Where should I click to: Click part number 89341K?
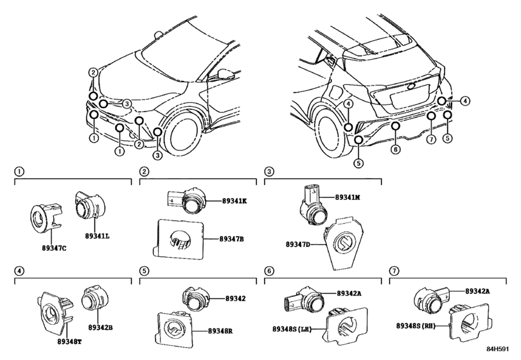234,201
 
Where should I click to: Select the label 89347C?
54,248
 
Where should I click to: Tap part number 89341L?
98,236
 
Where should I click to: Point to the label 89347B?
232,239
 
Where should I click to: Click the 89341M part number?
348,197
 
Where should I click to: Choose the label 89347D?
297,244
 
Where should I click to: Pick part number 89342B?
100,327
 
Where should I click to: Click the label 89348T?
69,341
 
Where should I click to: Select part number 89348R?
220,331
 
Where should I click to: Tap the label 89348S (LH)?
292,328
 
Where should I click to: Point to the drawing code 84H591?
498,349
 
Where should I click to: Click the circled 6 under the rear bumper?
395,150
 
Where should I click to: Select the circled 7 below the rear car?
431,139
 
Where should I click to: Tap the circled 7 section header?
394,271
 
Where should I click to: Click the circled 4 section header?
19,271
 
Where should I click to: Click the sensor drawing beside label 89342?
195,298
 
